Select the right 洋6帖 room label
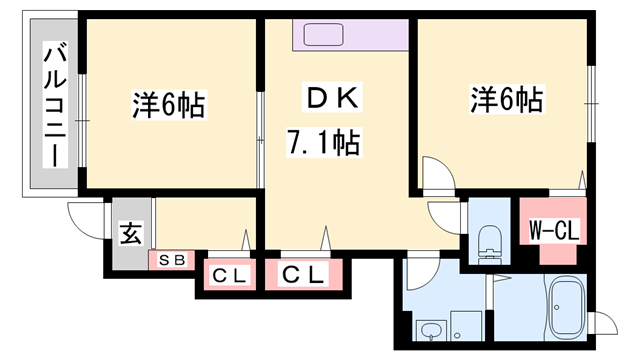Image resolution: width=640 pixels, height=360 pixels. pyautogui.click(x=507, y=100)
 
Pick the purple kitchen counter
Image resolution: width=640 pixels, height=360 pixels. pyautogui.click(x=349, y=38)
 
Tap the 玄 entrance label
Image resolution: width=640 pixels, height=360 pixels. pyautogui.click(x=130, y=236)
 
